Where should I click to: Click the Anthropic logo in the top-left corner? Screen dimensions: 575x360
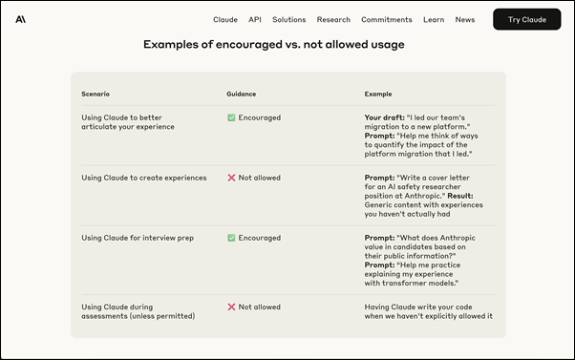click(x=21, y=19)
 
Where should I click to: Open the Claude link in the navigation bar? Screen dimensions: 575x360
click(x=225, y=19)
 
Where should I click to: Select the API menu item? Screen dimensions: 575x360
click(x=255, y=19)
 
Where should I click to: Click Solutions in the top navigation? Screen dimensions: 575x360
click(x=288, y=19)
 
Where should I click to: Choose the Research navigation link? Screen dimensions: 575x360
click(x=333, y=19)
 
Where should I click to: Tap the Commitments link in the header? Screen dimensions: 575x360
click(x=387, y=19)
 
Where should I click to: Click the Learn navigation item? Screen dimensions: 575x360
click(x=434, y=19)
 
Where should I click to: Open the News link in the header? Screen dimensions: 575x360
click(x=465, y=19)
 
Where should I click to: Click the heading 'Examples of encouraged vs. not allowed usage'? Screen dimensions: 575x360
click(x=273, y=44)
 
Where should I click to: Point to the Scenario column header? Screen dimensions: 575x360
click(x=96, y=94)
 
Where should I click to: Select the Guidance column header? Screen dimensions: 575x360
click(x=241, y=94)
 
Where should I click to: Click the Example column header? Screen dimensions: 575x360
click(x=378, y=94)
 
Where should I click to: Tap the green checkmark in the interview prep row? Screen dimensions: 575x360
click(x=231, y=238)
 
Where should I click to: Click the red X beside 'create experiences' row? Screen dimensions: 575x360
click(x=231, y=178)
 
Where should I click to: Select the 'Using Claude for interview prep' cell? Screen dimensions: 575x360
click(x=138, y=238)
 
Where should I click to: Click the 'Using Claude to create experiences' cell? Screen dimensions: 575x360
click(x=143, y=178)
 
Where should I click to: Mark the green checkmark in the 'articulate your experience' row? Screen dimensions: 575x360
click(x=231, y=117)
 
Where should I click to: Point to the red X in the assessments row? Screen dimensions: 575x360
click(x=231, y=307)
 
